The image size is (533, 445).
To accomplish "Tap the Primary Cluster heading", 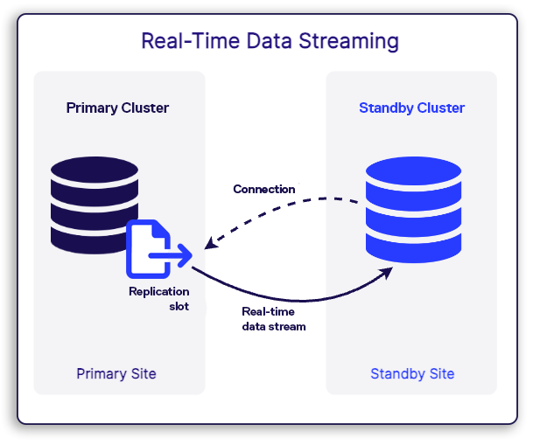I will (x=118, y=108).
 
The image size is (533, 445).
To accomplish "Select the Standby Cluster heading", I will (x=411, y=108).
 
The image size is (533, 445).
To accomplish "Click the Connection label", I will (x=263, y=189).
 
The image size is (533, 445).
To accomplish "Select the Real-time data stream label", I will (x=274, y=318).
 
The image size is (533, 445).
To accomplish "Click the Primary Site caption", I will (x=116, y=374).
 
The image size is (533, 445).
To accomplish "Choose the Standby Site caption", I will (x=412, y=374).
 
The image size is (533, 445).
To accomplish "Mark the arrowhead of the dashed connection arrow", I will (x=210, y=242).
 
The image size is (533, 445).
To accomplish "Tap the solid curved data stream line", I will (x=289, y=300).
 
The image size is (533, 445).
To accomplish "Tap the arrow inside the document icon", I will (x=171, y=257).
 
